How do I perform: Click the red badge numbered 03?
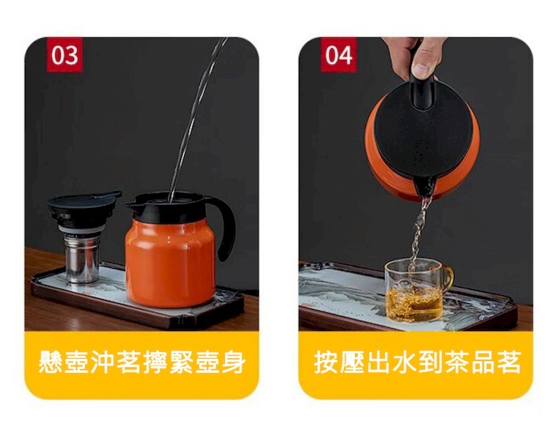coord(65,55)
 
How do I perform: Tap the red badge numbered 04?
coord(339,55)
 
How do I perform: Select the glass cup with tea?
coord(416,290)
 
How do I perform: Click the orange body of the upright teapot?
coord(170,264)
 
